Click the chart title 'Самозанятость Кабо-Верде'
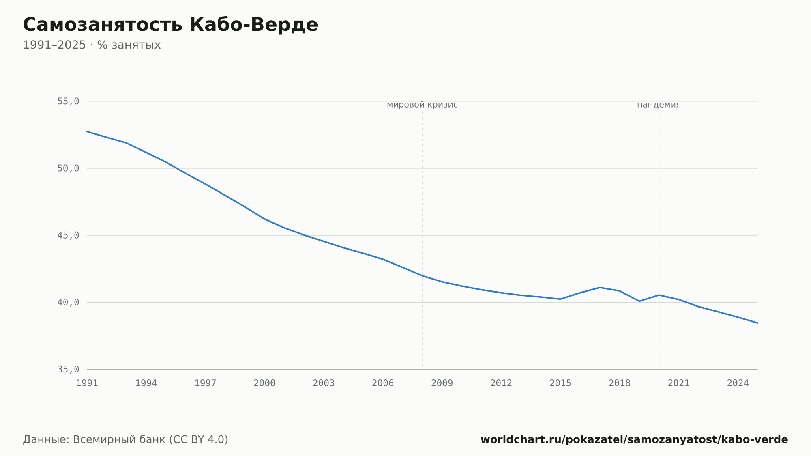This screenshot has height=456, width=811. click(170, 25)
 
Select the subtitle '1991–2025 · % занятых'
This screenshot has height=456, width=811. click(92, 45)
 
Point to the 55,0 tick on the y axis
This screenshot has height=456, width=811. click(68, 101)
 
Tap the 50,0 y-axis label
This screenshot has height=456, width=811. click(68, 168)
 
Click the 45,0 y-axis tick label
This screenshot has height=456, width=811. click(68, 235)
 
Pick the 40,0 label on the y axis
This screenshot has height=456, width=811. click(68, 302)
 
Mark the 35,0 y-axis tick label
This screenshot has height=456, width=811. click(68, 369)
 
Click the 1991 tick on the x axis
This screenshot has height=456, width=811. click(87, 383)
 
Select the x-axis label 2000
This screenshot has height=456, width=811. click(264, 383)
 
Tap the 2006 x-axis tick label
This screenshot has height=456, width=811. click(383, 383)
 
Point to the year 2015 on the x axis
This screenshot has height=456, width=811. click(560, 383)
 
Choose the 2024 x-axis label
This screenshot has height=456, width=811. click(738, 383)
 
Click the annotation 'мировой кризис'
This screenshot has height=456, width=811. click(422, 105)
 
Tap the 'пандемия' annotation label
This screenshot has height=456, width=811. click(659, 105)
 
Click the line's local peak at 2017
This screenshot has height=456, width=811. click(600, 287)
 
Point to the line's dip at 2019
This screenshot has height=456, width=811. click(639, 301)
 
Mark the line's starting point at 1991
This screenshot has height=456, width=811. click(87, 131)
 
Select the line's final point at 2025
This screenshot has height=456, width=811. click(757, 323)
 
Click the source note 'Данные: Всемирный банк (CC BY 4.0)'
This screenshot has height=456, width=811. click(126, 439)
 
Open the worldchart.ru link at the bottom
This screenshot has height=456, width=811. click(634, 439)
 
